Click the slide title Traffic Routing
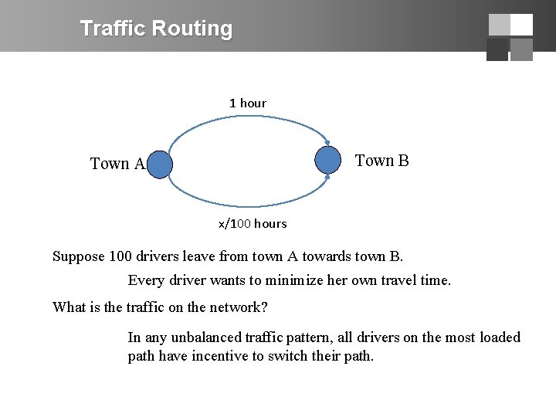tap(156, 29)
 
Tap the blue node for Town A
tap(159, 164)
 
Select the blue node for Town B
tap(328, 160)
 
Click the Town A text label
tap(117, 164)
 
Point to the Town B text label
tap(381, 161)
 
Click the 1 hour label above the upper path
tap(247, 103)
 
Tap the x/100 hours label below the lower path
tap(253, 224)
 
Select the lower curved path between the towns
tap(247, 205)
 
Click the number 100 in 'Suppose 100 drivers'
tap(120, 256)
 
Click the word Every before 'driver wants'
tap(146, 280)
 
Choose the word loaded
tap(500, 337)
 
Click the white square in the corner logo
tap(521, 25)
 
